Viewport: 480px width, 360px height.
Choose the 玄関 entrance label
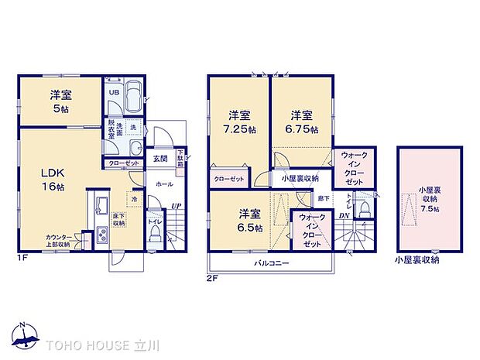pyautogui.click(x=159, y=159)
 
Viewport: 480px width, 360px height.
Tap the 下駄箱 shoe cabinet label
pyautogui.click(x=180, y=157)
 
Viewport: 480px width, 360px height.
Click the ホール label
pyautogui.click(x=164, y=185)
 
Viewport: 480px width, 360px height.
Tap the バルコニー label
pyautogui.click(x=270, y=263)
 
